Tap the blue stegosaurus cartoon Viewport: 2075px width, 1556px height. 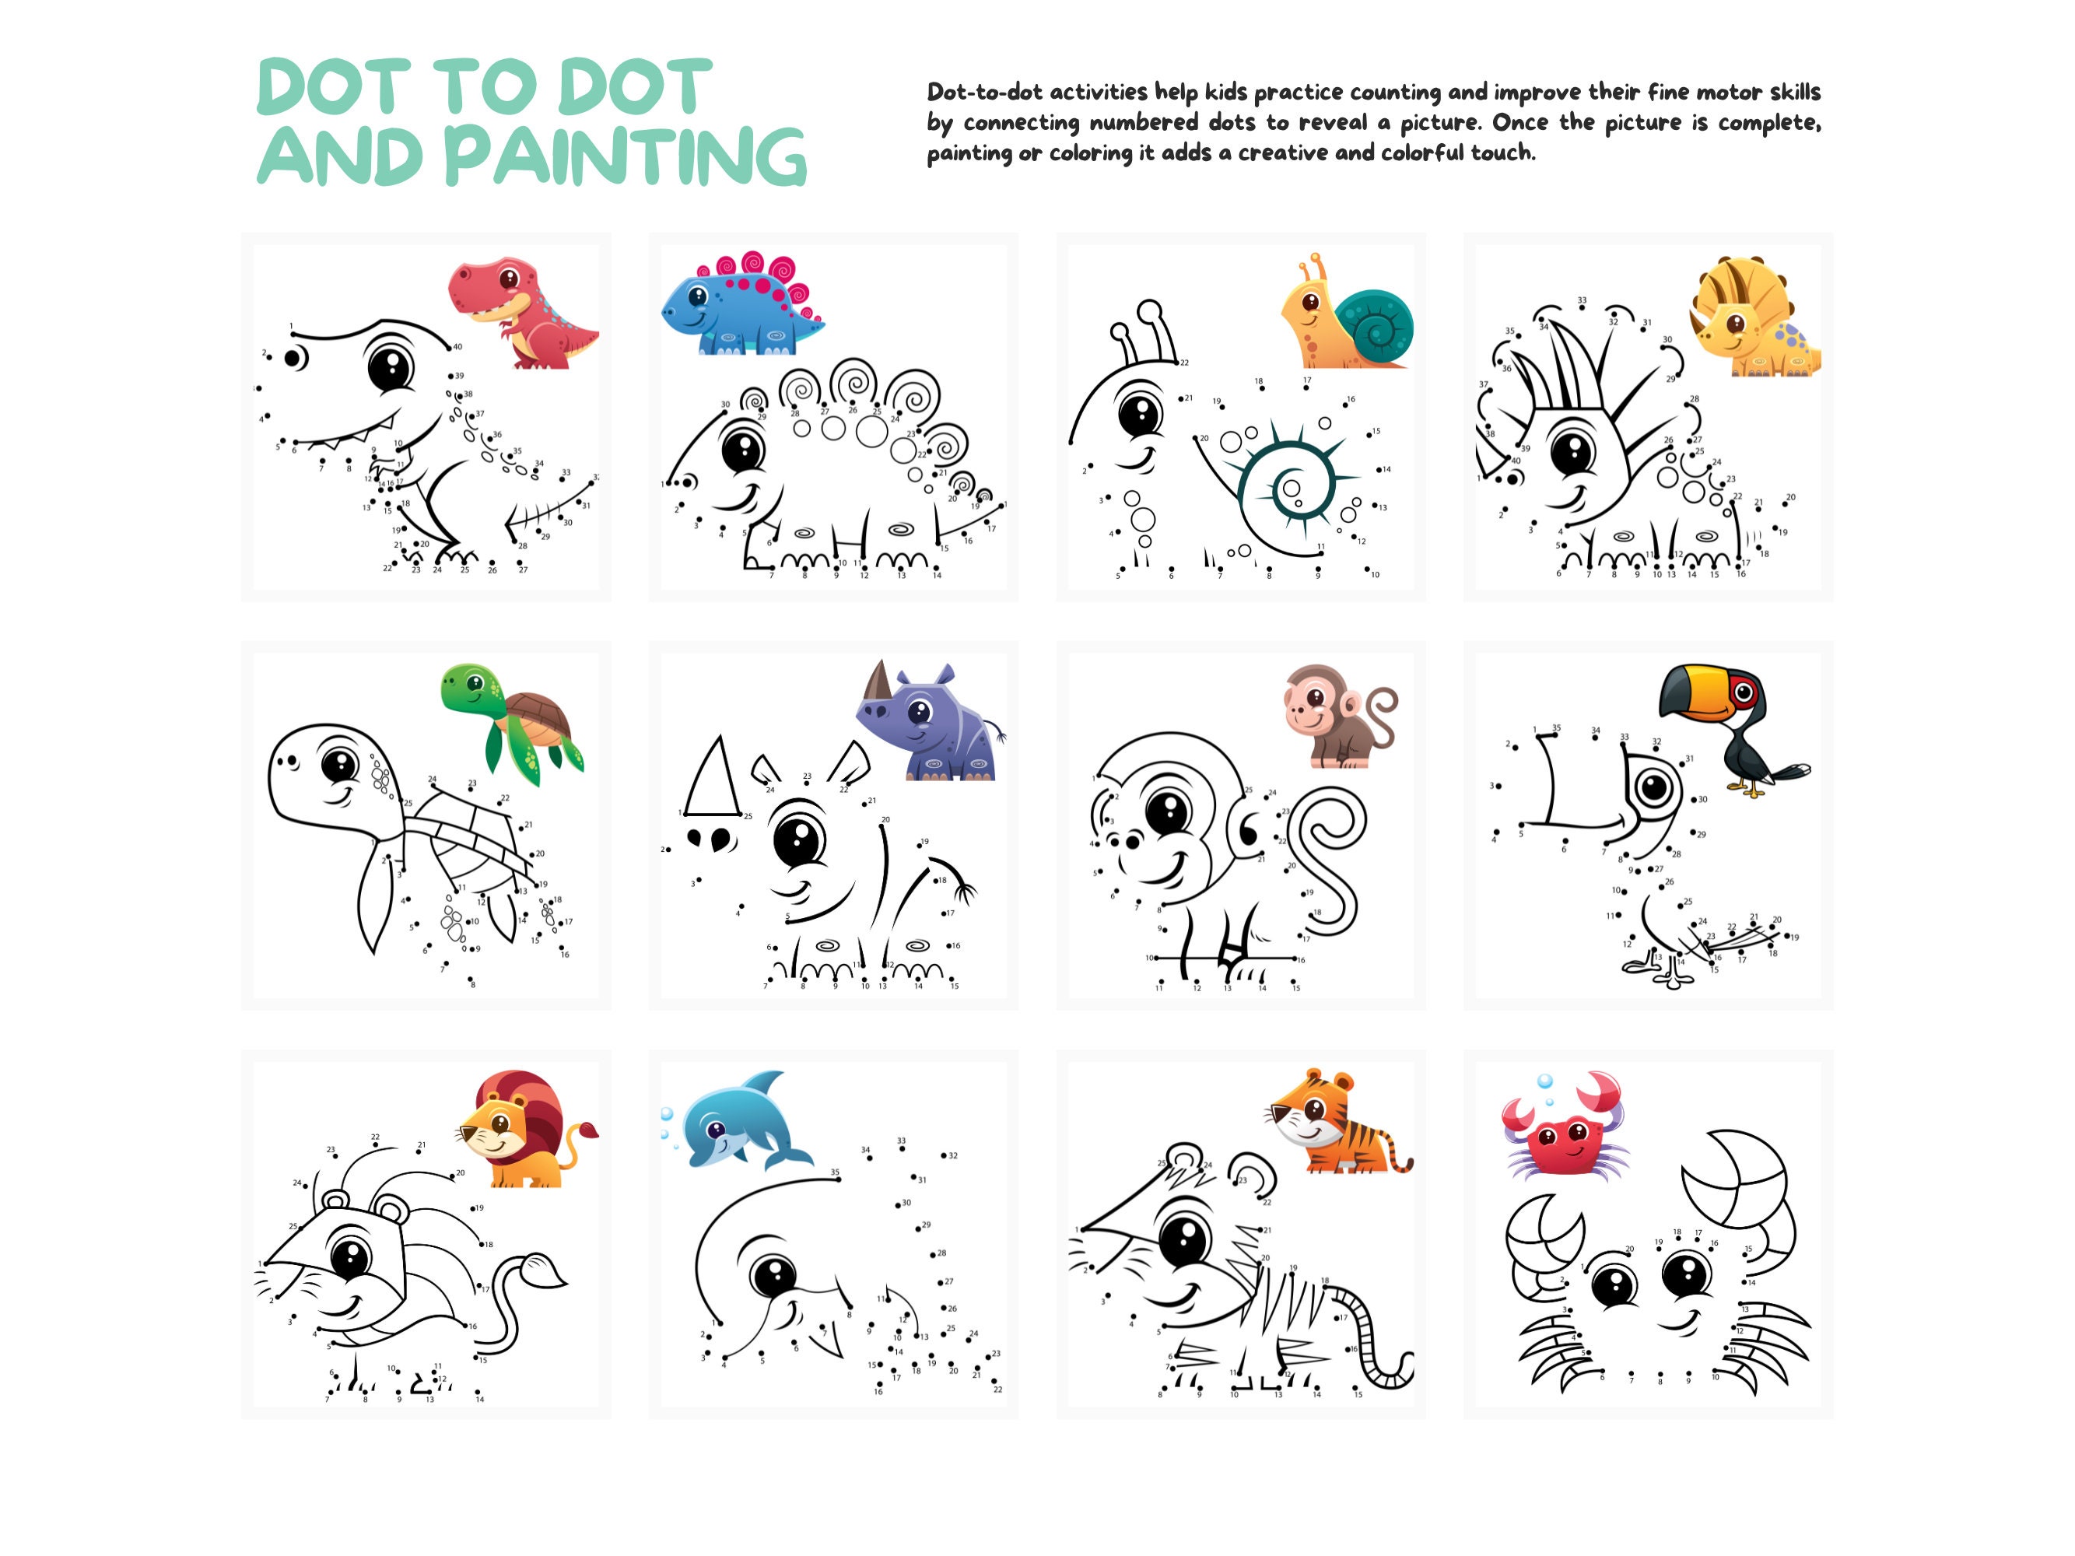tap(741, 305)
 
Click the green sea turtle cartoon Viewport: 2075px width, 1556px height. tap(511, 722)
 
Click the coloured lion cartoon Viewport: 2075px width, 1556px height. tap(525, 1130)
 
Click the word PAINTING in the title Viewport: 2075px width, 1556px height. tap(625, 156)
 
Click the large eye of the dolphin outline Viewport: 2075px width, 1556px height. tap(775, 1276)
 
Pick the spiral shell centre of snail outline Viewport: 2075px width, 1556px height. tap(1292, 488)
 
